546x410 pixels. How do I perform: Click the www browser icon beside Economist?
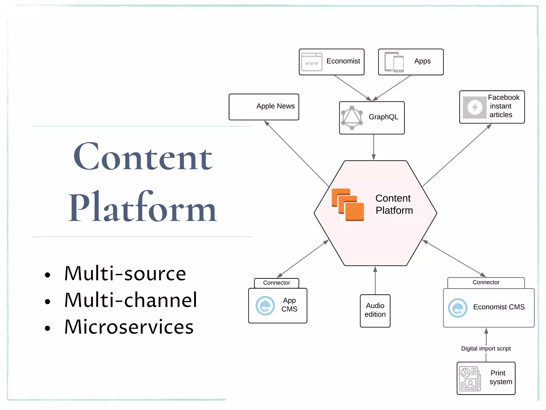(311, 62)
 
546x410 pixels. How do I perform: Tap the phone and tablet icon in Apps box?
(394, 62)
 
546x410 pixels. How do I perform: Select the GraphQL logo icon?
(352, 118)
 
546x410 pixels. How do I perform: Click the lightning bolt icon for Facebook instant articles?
(475, 107)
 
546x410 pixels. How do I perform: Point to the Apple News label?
(275, 106)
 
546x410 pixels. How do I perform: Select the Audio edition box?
(375, 310)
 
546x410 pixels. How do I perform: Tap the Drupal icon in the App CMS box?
(265, 306)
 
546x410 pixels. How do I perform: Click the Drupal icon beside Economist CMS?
(457, 308)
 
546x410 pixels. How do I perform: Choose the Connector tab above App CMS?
(276, 283)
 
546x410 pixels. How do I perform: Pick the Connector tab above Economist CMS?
(486, 282)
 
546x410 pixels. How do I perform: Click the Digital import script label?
(486, 349)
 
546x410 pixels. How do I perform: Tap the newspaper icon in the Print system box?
(470, 379)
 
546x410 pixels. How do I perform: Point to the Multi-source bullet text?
(125, 274)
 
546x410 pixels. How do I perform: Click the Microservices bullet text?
(129, 327)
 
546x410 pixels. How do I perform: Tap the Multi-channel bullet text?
(131, 300)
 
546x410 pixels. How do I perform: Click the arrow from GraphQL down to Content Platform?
(374, 147)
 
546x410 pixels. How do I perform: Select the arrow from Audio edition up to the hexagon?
(375, 280)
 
